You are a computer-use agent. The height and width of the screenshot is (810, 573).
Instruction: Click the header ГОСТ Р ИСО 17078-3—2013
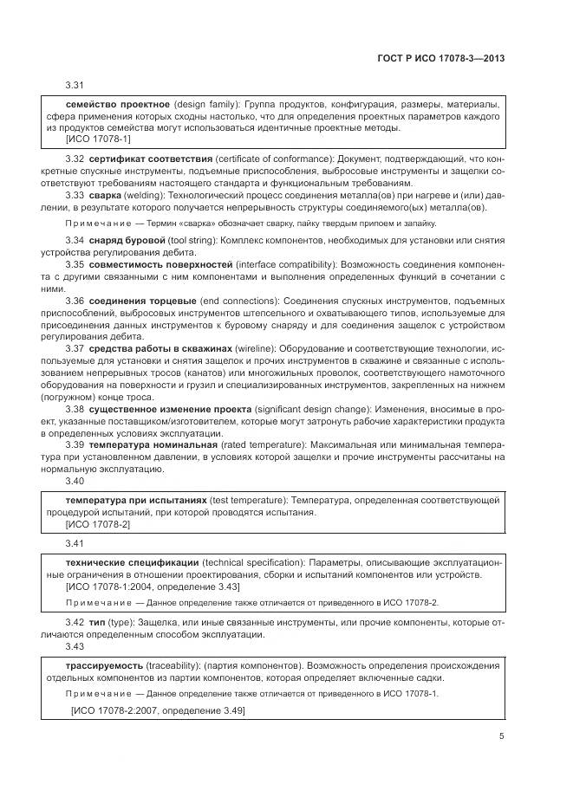tap(442, 58)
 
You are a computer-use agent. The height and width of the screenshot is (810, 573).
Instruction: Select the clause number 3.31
tap(75, 85)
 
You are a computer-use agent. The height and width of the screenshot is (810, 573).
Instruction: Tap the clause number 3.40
tap(75, 480)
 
